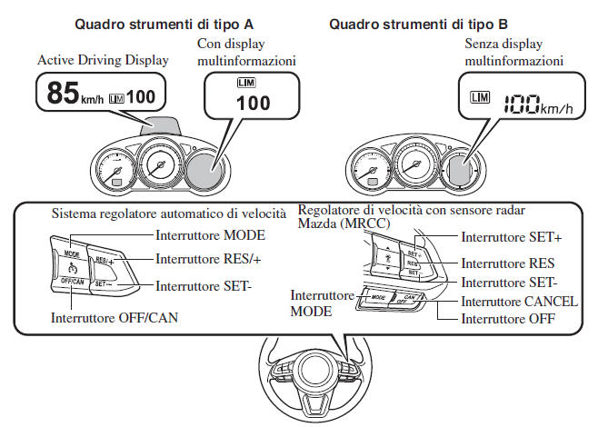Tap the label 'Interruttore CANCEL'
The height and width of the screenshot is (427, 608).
pos(519,302)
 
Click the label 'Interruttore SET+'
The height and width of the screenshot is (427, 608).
pos(511,238)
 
